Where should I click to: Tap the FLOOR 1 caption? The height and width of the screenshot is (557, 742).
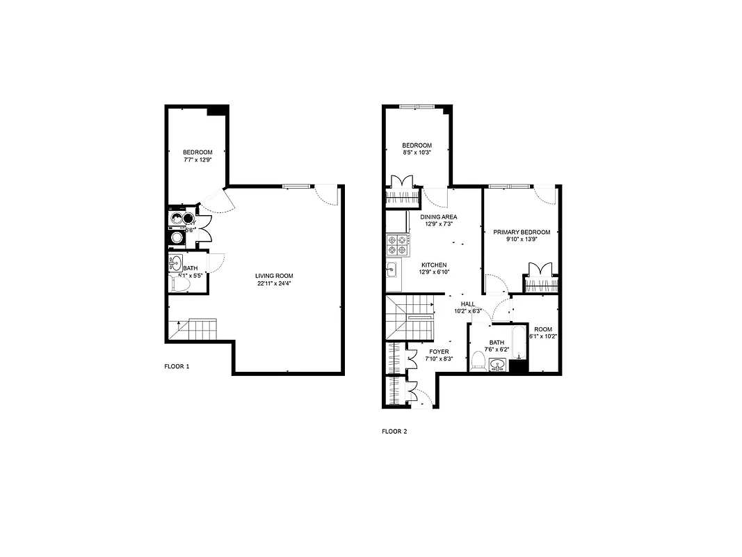(x=177, y=366)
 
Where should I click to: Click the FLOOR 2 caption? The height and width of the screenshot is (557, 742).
(x=394, y=432)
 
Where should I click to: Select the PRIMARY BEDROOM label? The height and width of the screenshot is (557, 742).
(x=522, y=232)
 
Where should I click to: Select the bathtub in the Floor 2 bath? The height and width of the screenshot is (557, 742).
(x=519, y=341)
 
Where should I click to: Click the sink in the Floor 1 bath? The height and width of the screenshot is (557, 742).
(x=175, y=263)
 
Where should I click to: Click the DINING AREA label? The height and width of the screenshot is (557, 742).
(x=439, y=217)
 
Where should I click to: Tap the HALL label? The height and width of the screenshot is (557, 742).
(x=468, y=304)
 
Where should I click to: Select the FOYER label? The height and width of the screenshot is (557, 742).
(x=439, y=352)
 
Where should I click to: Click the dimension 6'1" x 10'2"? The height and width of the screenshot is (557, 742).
(x=543, y=336)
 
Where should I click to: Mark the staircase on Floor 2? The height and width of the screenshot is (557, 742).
(x=410, y=317)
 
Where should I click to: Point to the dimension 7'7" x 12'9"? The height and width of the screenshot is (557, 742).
(x=197, y=160)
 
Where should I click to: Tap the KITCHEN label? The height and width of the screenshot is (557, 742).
(x=434, y=265)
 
